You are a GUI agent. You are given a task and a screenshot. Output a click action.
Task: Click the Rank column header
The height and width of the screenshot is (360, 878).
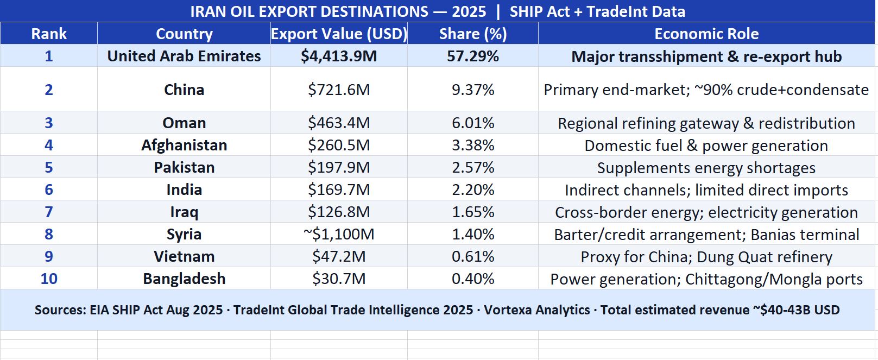49,34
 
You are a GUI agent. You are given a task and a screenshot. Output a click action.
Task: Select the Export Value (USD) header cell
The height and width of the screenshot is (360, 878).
339,34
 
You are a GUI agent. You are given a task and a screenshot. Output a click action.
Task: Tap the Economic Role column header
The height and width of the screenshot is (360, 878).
706,34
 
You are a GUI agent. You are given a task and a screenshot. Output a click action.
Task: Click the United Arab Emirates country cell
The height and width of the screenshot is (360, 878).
184,56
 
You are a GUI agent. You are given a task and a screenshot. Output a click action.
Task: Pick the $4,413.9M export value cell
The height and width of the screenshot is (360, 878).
339,56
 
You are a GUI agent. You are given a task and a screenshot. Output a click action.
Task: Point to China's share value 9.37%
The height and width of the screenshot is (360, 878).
472,90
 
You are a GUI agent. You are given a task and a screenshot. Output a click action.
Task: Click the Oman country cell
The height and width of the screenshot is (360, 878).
184,123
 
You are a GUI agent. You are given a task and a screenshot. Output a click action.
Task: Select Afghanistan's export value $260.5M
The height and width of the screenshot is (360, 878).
339,145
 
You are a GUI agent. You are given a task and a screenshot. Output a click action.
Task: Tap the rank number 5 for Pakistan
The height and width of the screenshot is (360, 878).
49,167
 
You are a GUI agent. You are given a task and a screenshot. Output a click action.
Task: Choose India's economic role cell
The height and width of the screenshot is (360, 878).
706,190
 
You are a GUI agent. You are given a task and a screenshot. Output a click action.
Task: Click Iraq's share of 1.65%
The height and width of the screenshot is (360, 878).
472,212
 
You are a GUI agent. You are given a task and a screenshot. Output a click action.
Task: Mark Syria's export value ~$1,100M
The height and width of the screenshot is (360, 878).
339,234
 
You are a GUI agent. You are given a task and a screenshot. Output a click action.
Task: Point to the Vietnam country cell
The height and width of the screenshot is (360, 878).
184,256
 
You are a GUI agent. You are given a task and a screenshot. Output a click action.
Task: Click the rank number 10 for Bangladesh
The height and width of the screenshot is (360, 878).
49,279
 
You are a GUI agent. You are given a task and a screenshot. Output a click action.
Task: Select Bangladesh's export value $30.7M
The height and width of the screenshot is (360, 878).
339,279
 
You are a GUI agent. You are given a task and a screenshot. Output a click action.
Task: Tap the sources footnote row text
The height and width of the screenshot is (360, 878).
437,310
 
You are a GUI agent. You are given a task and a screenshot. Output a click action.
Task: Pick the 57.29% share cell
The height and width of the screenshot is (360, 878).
472,56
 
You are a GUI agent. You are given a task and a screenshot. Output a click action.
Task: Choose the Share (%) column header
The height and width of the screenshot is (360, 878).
472,34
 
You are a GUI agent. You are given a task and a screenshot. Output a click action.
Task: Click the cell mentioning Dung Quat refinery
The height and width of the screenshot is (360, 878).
706,257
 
